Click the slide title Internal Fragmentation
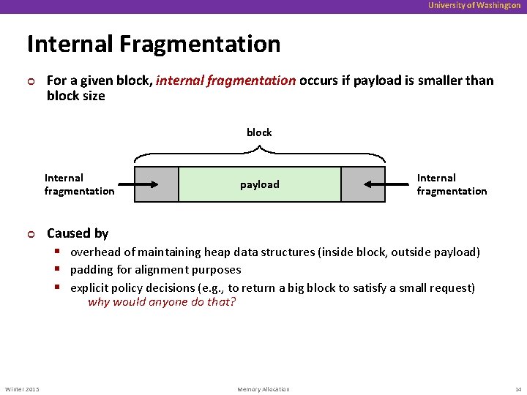tap(154, 44)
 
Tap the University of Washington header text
tap(474, 6)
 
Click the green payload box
tap(260, 184)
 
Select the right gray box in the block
tap(363, 184)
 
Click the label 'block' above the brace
tap(259, 132)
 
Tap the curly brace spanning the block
tap(259, 154)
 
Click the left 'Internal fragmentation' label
tap(79, 184)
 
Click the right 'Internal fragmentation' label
tap(452, 184)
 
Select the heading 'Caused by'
tap(78, 233)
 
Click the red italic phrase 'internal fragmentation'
tap(225, 80)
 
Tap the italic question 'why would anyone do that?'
tap(162, 301)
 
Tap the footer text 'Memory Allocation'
tap(263, 389)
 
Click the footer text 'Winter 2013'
tap(23, 389)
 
